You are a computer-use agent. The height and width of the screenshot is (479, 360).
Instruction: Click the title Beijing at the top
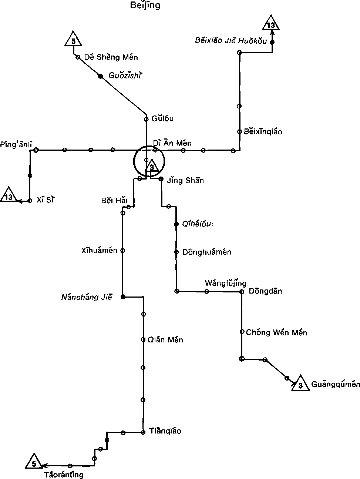pyautogui.click(x=145, y=5)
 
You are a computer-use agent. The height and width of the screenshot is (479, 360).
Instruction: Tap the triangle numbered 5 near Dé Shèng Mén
pyautogui.click(x=73, y=40)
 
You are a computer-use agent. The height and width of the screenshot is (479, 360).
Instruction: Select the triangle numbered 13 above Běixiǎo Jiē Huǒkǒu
pyautogui.click(x=271, y=24)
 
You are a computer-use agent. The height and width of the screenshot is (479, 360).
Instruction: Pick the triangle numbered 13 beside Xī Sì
pyautogui.click(x=9, y=196)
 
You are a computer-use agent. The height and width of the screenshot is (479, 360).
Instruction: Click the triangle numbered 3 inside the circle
pyautogui.click(x=152, y=167)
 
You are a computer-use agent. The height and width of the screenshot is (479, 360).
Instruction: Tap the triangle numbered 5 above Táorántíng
pyautogui.click(x=34, y=462)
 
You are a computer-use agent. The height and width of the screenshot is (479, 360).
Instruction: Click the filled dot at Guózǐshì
pyautogui.click(x=100, y=76)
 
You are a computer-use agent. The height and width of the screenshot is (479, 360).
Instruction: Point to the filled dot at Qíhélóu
pyautogui.click(x=176, y=224)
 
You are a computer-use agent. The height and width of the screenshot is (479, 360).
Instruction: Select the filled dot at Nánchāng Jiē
pyautogui.click(x=123, y=297)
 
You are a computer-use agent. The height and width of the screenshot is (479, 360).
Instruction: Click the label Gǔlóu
pyautogui.click(x=162, y=118)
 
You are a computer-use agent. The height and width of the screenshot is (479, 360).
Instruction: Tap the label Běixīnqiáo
pyautogui.click(x=263, y=132)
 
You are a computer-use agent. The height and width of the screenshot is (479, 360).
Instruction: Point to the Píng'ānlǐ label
pyautogui.click(x=16, y=144)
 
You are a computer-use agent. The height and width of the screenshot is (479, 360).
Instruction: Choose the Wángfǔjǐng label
pyautogui.click(x=225, y=284)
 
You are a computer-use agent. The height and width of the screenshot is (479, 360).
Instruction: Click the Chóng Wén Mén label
pyautogui.click(x=276, y=332)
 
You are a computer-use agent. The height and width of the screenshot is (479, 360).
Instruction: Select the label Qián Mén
pyautogui.click(x=165, y=340)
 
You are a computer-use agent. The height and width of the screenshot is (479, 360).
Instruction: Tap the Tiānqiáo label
pyautogui.click(x=165, y=431)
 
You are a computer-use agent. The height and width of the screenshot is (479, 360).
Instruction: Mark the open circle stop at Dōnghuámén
pyautogui.click(x=176, y=252)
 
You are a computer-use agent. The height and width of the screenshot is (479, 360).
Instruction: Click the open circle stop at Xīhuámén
pyautogui.click(x=123, y=251)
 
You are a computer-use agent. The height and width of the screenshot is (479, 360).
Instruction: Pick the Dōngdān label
pyautogui.click(x=265, y=291)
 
